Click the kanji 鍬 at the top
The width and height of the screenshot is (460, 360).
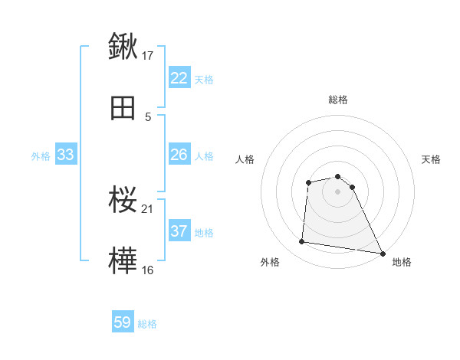pos(123,47)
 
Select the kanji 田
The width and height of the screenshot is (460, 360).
pos(123,108)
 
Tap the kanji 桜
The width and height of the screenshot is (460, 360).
pos(123,200)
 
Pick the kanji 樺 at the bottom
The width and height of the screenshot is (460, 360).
pos(123,261)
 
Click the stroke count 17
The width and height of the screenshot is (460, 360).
pos(148,55)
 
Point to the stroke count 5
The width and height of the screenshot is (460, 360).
pos(148,116)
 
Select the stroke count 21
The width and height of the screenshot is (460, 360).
pos(148,208)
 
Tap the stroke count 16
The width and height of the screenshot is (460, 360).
pos(148,270)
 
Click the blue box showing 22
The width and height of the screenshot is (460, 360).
pos(179,78)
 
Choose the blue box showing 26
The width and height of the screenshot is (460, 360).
pos(179,155)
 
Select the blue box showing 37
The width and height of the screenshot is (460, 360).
pos(179,231)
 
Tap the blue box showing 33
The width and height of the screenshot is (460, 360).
pos(65,155)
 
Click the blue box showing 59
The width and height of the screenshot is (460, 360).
pos(123,322)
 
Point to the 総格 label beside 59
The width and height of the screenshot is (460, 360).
pos(147,324)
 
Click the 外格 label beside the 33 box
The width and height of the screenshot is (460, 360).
pos(41,156)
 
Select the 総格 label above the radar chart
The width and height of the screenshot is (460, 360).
pos(337,100)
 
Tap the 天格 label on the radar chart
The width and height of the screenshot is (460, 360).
pos(431,159)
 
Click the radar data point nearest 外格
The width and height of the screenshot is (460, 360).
pos(303,242)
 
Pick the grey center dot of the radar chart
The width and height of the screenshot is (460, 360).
pos(337,191)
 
